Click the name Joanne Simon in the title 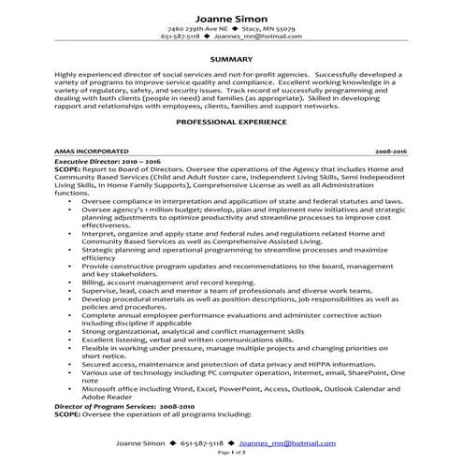coord(231,19)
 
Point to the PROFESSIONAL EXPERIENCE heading coord(231,122)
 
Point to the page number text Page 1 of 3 coord(230,452)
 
